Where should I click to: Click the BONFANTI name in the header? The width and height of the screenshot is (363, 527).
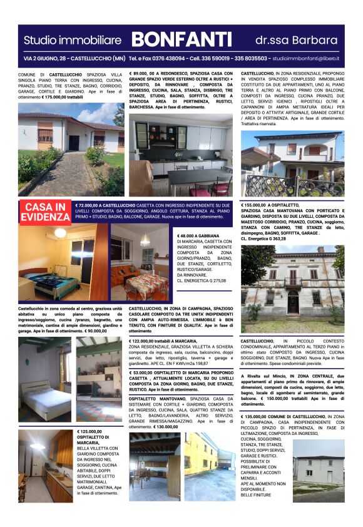click(181, 40)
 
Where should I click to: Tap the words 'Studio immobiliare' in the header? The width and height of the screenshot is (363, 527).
click(72, 41)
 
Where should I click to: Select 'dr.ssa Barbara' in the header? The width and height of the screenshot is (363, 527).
click(296, 41)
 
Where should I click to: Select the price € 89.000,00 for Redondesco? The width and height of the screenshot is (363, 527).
click(143, 73)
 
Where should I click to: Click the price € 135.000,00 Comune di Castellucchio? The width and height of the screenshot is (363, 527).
click(257, 416)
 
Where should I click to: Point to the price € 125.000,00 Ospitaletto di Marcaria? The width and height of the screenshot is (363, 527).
click(89, 431)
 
